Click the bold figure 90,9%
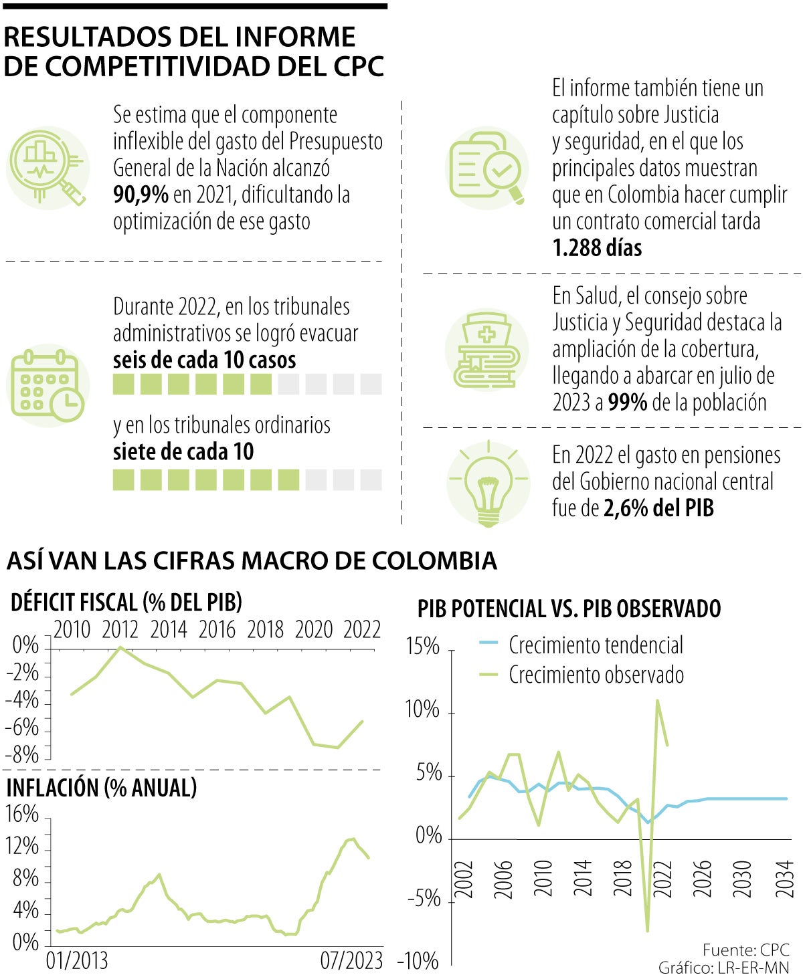click(141, 195)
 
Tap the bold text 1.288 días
click(597, 248)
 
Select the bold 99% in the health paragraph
click(627, 403)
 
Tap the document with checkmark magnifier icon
click(486, 169)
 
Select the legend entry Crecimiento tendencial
click(596, 645)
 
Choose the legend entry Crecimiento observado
click(596, 674)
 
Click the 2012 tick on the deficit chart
click(120, 630)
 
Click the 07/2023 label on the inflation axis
click(351, 961)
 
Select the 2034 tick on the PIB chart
click(785, 879)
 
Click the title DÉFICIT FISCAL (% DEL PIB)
click(126, 603)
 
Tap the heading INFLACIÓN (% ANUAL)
click(102, 788)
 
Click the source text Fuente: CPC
click(745, 950)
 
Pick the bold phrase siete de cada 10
click(183, 452)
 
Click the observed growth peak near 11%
click(658, 701)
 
